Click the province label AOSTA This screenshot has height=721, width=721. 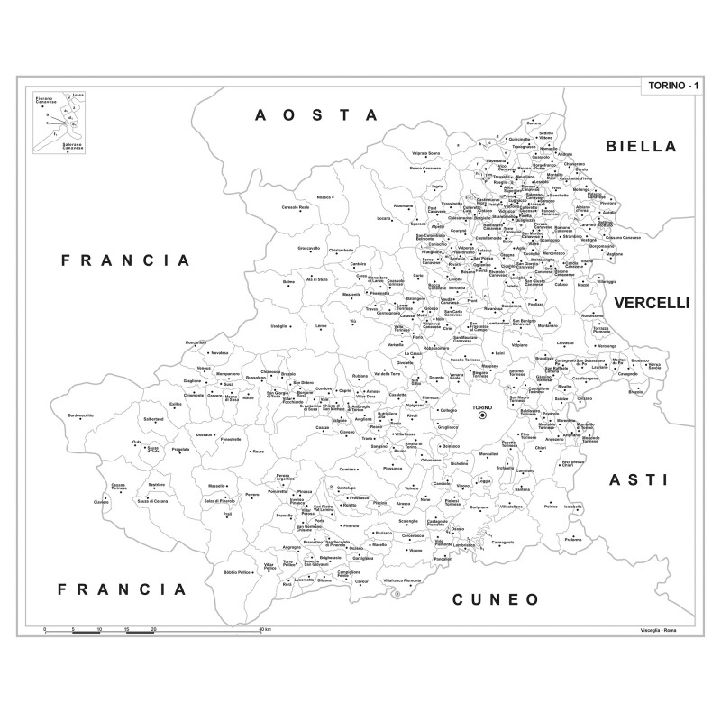(315, 114)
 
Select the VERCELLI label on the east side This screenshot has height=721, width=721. (652, 304)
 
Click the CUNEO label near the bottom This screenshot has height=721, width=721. (495, 598)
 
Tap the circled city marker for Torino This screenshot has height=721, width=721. (481, 415)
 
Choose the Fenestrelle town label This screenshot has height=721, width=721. (231, 439)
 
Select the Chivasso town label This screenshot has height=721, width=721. (565, 343)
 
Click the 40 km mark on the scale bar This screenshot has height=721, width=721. (263, 628)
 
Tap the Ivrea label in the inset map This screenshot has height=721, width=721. (78, 94)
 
